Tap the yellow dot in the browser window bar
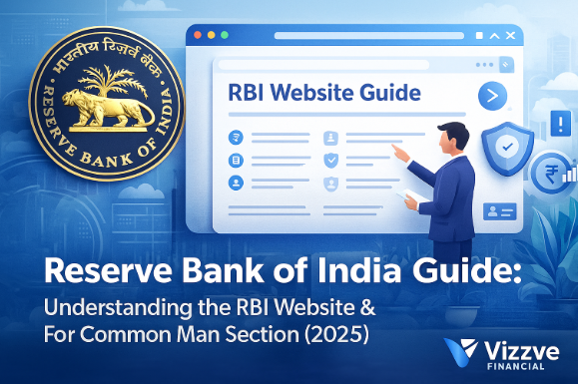click(x=211, y=35)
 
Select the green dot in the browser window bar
click(x=223, y=35)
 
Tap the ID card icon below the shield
click(x=498, y=210)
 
